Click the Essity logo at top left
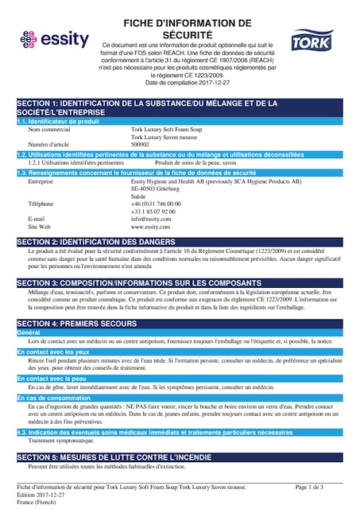(x=48, y=39)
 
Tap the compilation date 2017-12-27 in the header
(x=211, y=83)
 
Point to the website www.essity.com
(x=151, y=226)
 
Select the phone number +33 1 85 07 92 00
(x=153, y=211)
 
